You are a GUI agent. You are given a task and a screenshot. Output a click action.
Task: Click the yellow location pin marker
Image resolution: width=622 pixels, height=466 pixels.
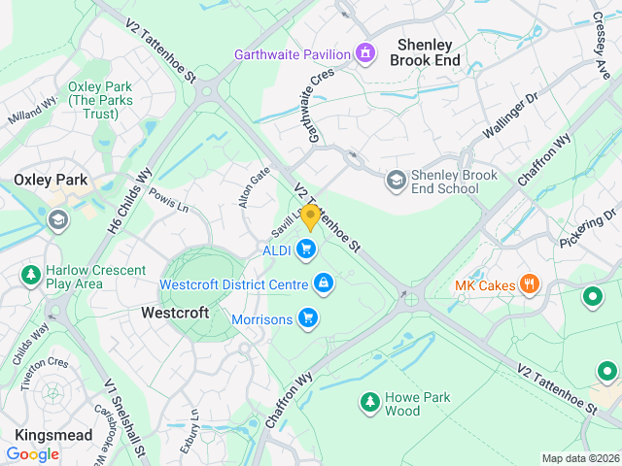(310, 217)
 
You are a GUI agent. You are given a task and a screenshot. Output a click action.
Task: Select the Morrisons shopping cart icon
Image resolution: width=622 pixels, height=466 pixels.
(308, 317)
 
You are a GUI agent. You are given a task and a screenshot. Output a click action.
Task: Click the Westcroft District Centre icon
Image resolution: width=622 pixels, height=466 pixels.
(323, 283)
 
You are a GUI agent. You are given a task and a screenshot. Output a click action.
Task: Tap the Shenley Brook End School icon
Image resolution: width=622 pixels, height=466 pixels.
(396, 181)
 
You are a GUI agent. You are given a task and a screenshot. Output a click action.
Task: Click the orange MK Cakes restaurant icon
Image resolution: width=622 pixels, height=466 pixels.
(530, 285)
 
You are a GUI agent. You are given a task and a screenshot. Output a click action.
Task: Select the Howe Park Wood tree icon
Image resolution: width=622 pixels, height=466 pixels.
(369, 401)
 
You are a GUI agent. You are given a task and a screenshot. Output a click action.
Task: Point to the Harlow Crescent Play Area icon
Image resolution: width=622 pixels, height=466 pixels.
(30, 276)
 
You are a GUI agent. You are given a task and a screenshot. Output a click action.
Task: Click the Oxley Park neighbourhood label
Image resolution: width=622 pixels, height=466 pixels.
(51, 180)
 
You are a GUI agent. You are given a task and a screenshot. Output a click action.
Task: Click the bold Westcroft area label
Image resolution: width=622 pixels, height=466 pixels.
(175, 313)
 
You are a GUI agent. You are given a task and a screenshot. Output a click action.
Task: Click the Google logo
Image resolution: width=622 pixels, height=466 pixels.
(33, 453)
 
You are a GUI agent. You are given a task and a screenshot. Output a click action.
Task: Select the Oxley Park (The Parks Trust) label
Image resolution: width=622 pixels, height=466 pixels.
(93, 101)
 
